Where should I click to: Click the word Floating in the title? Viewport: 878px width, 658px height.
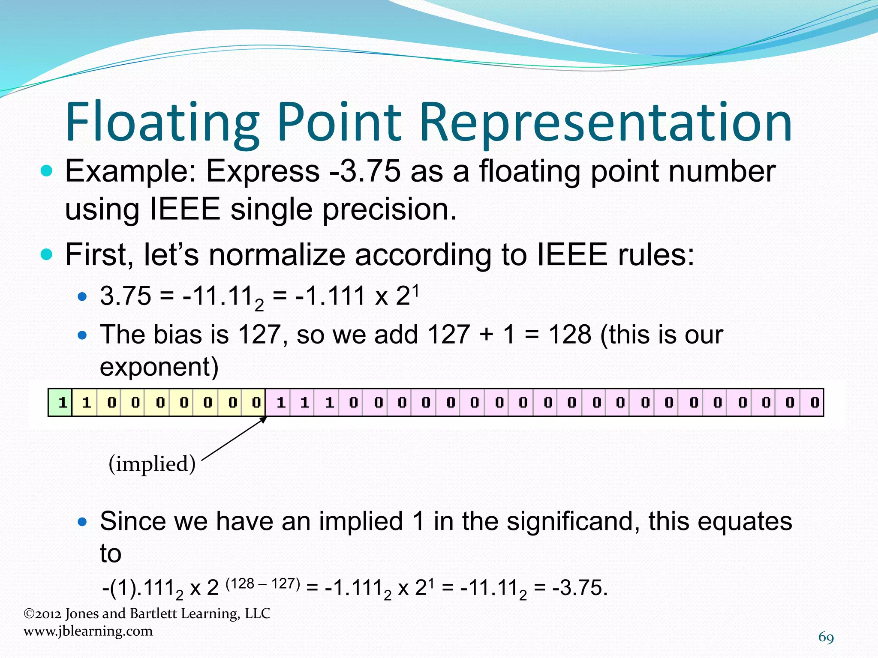pyautogui.click(x=162, y=122)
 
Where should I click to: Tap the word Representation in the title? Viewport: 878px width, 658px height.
pyautogui.click(x=605, y=122)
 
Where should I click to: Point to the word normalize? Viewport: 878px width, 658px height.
pyautogui.click(x=277, y=255)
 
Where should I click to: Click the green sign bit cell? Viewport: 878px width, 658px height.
pyautogui.click(x=60, y=402)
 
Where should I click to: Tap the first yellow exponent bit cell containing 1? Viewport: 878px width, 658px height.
pyautogui.click(x=85, y=402)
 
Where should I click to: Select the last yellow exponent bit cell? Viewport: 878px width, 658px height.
pyautogui.click(x=255, y=402)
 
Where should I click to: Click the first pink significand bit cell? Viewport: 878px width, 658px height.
pyautogui.click(x=279, y=402)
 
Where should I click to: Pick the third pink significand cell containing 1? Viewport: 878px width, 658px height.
pyautogui.click(x=328, y=402)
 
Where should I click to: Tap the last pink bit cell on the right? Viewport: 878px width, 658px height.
pyautogui.click(x=813, y=402)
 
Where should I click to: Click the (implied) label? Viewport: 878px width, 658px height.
pyautogui.click(x=152, y=464)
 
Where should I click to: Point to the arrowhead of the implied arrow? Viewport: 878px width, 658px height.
pyautogui.click(x=264, y=419)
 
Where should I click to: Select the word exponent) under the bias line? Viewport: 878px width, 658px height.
pyautogui.click(x=159, y=367)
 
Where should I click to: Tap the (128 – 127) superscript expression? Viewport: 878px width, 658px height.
pyautogui.click(x=262, y=584)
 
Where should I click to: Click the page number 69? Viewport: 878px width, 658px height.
pyautogui.click(x=826, y=637)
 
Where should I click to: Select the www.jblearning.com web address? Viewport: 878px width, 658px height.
pyautogui.click(x=88, y=631)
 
